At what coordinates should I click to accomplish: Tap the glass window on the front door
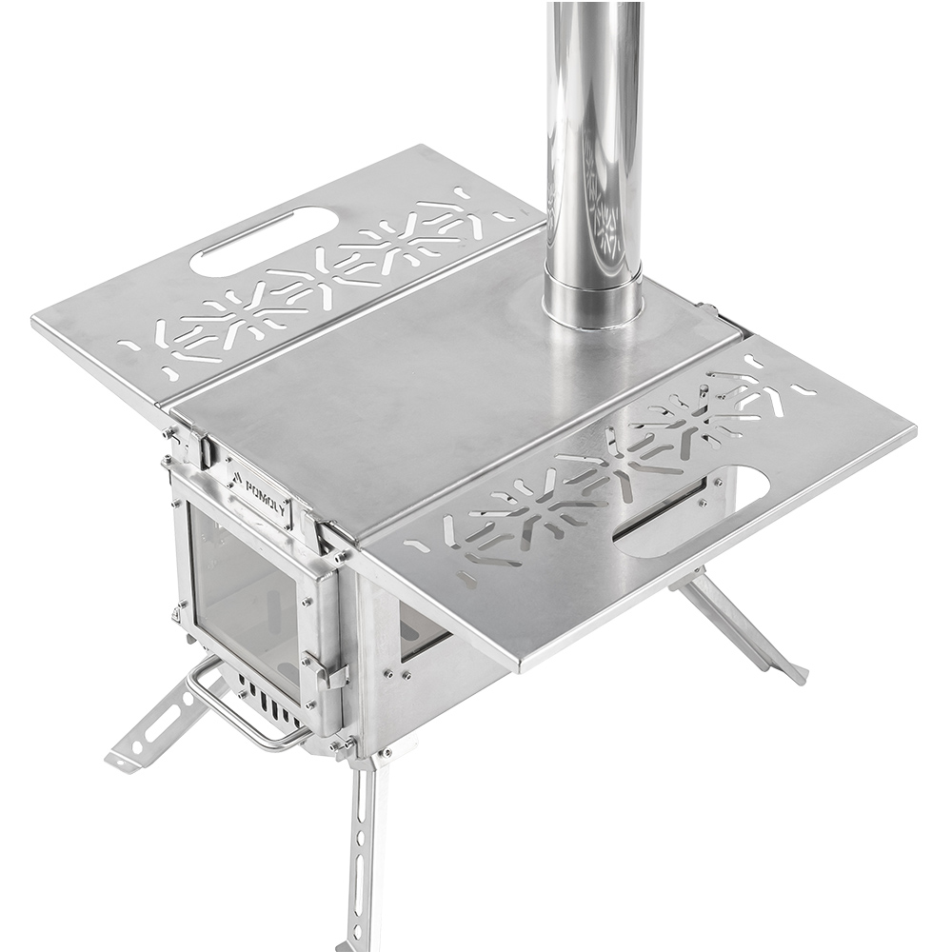(243, 595)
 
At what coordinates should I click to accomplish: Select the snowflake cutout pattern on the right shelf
(609, 466)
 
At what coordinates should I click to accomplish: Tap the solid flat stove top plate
(447, 390)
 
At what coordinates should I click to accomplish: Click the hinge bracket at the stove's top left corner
(186, 439)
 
